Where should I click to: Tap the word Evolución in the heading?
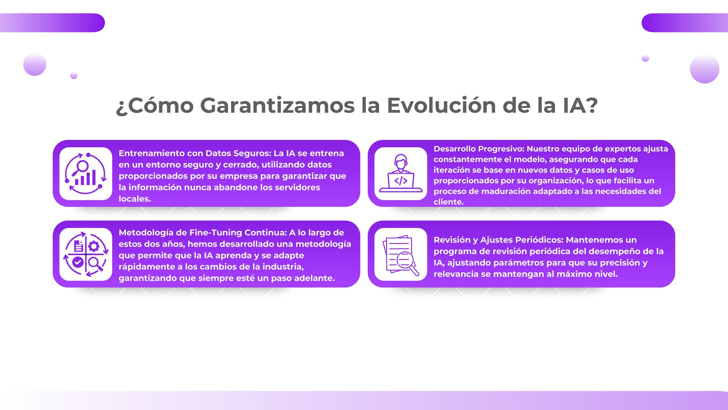(441, 105)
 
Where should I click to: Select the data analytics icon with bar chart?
(86, 173)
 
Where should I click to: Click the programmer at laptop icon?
(401, 173)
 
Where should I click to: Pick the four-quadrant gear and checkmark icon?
(86, 254)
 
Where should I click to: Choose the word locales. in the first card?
(135, 199)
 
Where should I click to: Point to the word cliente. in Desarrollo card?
(449, 202)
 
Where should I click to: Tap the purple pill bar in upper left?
(52, 23)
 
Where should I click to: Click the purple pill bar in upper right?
(685, 23)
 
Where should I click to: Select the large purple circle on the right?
(704, 69)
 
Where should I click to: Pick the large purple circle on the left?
(35, 64)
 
